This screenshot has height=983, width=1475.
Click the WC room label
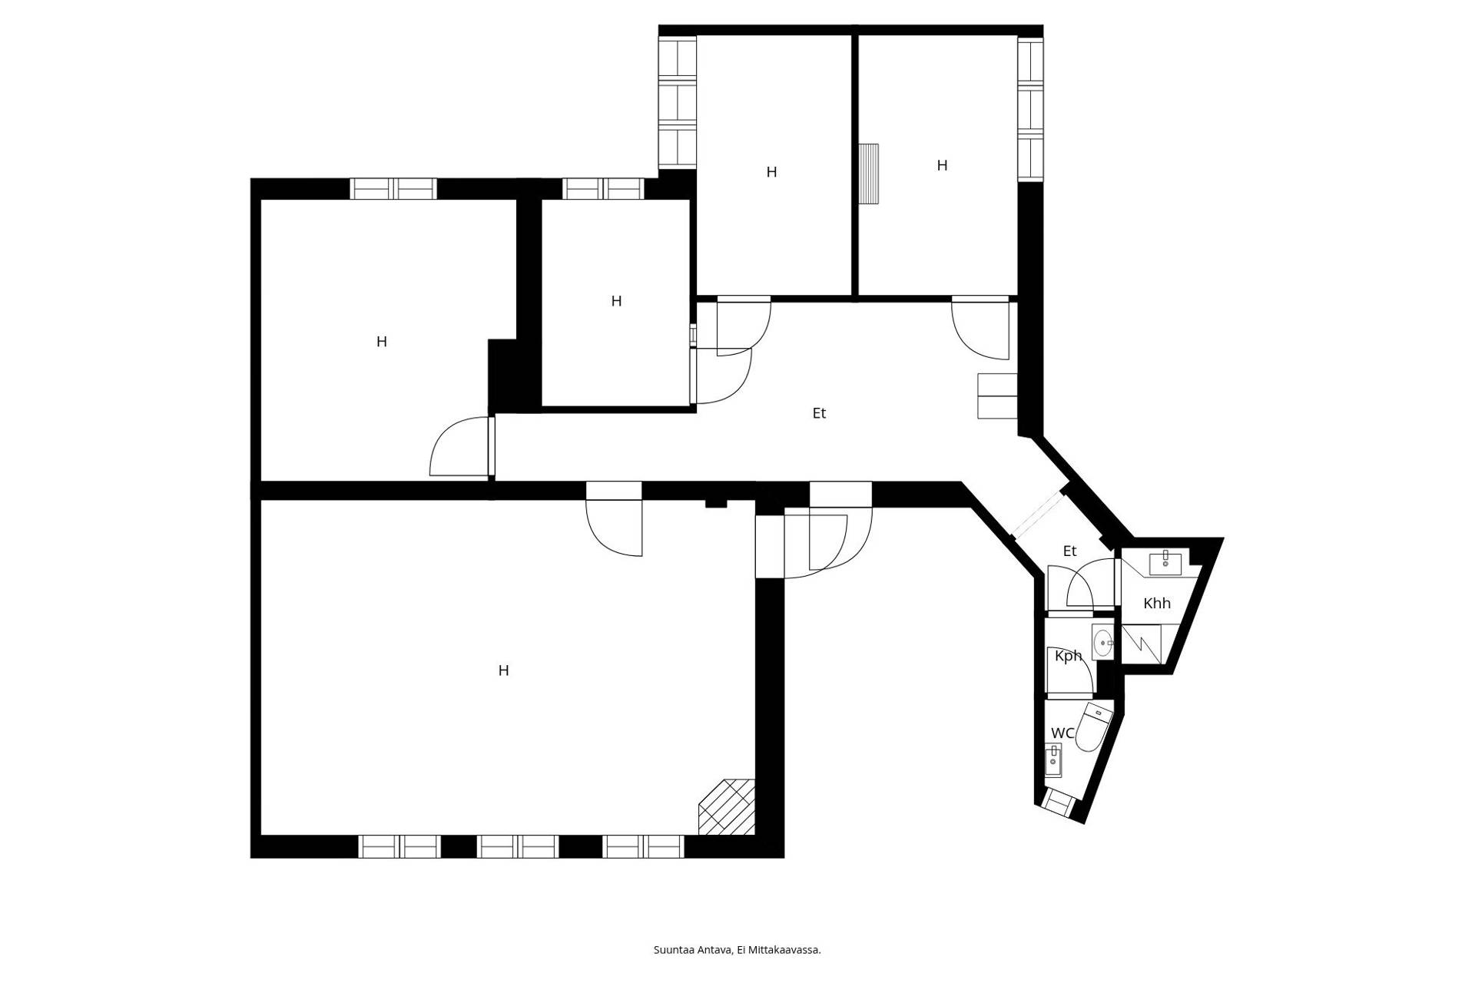(1062, 733)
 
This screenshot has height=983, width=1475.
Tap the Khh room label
(1157, 604)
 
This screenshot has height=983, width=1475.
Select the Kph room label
(1068, 656)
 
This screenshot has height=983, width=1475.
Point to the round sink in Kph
(1103, 643)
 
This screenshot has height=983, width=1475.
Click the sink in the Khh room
(1165, 563)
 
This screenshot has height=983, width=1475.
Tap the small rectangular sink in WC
(1053, 761)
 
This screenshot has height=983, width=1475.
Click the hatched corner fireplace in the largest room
(727, 806)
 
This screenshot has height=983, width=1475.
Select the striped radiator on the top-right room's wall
(869, 174)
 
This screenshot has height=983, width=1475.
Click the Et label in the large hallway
(819, 413)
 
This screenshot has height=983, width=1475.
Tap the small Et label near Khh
(1069, 551)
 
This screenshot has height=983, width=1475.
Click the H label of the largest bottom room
(503, 670)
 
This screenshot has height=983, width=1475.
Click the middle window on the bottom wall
(518, 846)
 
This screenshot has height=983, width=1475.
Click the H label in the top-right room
(942, 165)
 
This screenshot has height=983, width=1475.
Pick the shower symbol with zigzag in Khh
(1142, 644)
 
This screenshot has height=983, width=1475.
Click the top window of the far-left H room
(393, 189)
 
